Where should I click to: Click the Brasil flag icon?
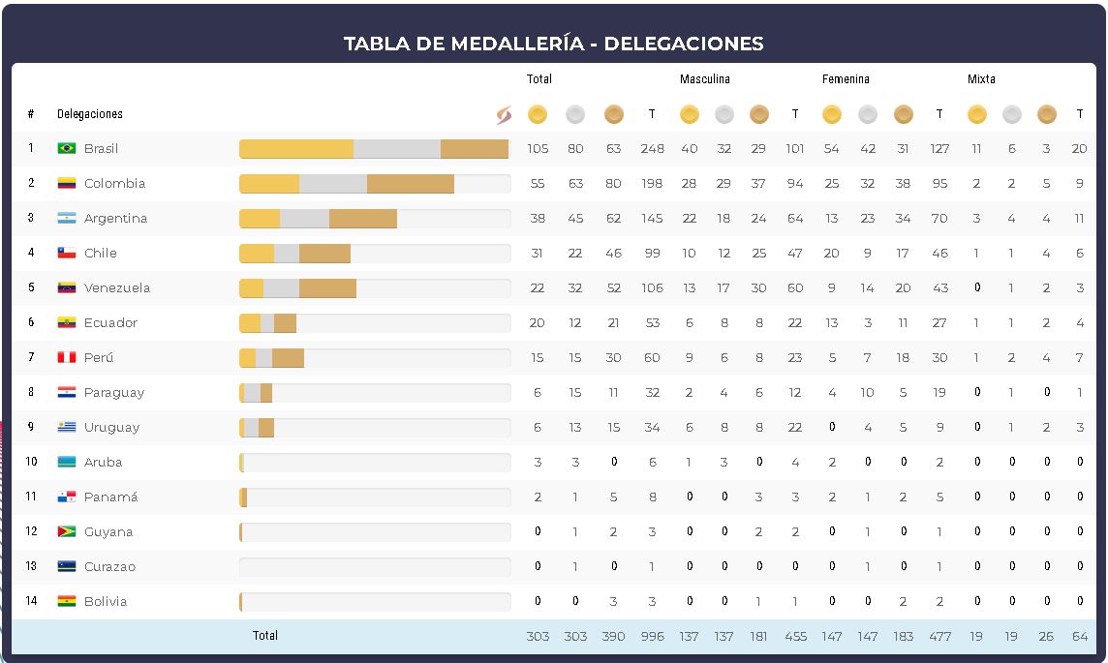point(66,148)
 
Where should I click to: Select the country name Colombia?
point(114,183)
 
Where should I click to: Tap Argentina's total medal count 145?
point(652,218)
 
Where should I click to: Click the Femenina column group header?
point(846,79)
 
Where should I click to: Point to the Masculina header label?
point(704,79)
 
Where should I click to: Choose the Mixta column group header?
point(981,79)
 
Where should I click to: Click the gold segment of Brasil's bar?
point(295,149)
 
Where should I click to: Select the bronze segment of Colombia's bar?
point(411,184)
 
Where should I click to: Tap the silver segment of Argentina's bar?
point(304,219)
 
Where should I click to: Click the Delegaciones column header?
point(90,114)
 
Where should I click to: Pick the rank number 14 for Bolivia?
point(31,601)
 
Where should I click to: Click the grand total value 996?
point(652,636)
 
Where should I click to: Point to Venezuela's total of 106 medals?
point(652,287)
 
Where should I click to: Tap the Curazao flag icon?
point(66,566)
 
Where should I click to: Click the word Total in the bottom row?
point(264,636)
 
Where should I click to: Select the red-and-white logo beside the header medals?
point(504,115)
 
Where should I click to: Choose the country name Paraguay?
point(114,392)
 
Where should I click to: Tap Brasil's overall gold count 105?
point(538,148)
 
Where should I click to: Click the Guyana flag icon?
point(66,531)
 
